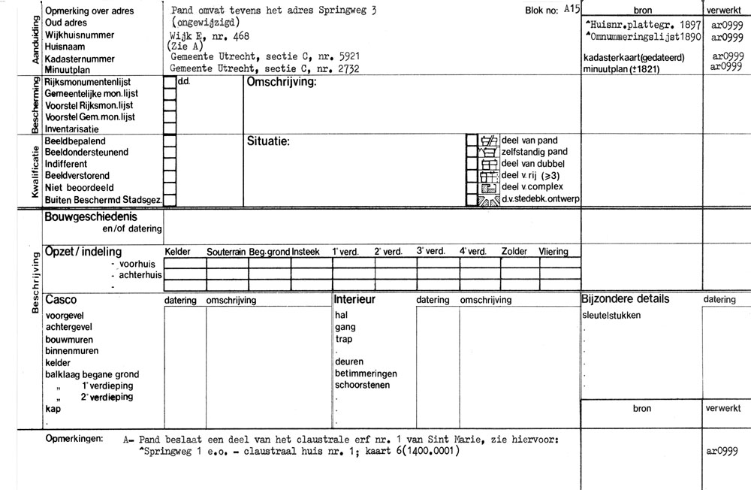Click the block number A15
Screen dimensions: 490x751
pos(572,9)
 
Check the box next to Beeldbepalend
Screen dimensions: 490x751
pos(170,141)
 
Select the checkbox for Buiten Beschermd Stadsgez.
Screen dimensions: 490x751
pos(170,200)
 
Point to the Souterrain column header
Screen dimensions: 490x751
pos(227,253)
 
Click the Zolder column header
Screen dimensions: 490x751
pos(514,253)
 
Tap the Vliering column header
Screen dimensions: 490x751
pos(553,253)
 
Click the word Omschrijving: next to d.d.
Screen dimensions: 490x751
pos(282,83)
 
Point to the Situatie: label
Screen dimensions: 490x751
pos(268,141)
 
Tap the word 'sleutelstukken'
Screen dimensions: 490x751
pos(612,316)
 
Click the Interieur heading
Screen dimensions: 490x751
pos(354,300)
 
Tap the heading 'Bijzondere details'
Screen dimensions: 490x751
pos(625,299)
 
